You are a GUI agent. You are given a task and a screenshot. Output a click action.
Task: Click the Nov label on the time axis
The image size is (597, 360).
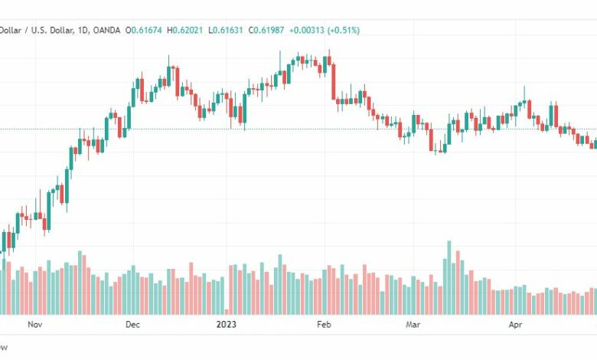[x=34, y=324]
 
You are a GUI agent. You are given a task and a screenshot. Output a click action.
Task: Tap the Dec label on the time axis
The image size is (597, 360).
[x=132, y=324]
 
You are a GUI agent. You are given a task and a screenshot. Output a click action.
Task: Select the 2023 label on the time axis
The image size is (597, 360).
[x=226, y=324]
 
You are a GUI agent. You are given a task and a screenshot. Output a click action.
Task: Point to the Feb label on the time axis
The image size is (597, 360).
[x=324, y=324]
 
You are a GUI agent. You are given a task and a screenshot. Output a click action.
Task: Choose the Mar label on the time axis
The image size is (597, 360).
[x=414, y=324]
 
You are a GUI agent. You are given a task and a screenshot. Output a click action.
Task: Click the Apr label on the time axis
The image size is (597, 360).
[x=515, y=324]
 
